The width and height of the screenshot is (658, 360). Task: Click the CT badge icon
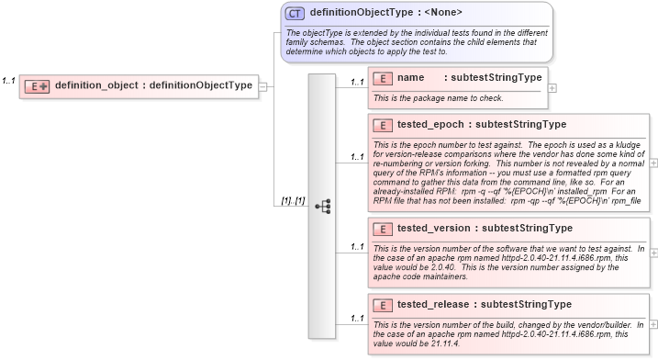(x=296, y=14)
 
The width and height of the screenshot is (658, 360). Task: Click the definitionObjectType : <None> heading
(x=385, y=13)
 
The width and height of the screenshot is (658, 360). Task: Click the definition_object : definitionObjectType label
(x=153, y=85)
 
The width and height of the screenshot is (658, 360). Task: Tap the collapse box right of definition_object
(x=263, y=86)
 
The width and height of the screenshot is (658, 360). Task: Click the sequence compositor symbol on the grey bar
(x=322, y=207)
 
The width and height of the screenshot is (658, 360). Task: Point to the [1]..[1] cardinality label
(x=293, y=201)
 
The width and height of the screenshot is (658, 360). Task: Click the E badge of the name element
(x=385, y=78)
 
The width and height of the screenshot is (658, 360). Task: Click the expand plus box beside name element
(x=552, y=88)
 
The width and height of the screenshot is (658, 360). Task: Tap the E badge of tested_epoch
(x=385, y=124)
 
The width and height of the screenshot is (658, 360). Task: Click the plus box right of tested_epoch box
(x=653, y=162)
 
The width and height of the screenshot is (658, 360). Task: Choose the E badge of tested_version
(x=385, y=229)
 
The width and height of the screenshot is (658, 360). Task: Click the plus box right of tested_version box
(x=653, y=250)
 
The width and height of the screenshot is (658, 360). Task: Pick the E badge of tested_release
(x=385, y=304)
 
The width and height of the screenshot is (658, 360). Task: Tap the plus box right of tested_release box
(x=653, y=323)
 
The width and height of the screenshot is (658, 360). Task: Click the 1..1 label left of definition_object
(x=9, y=81)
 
